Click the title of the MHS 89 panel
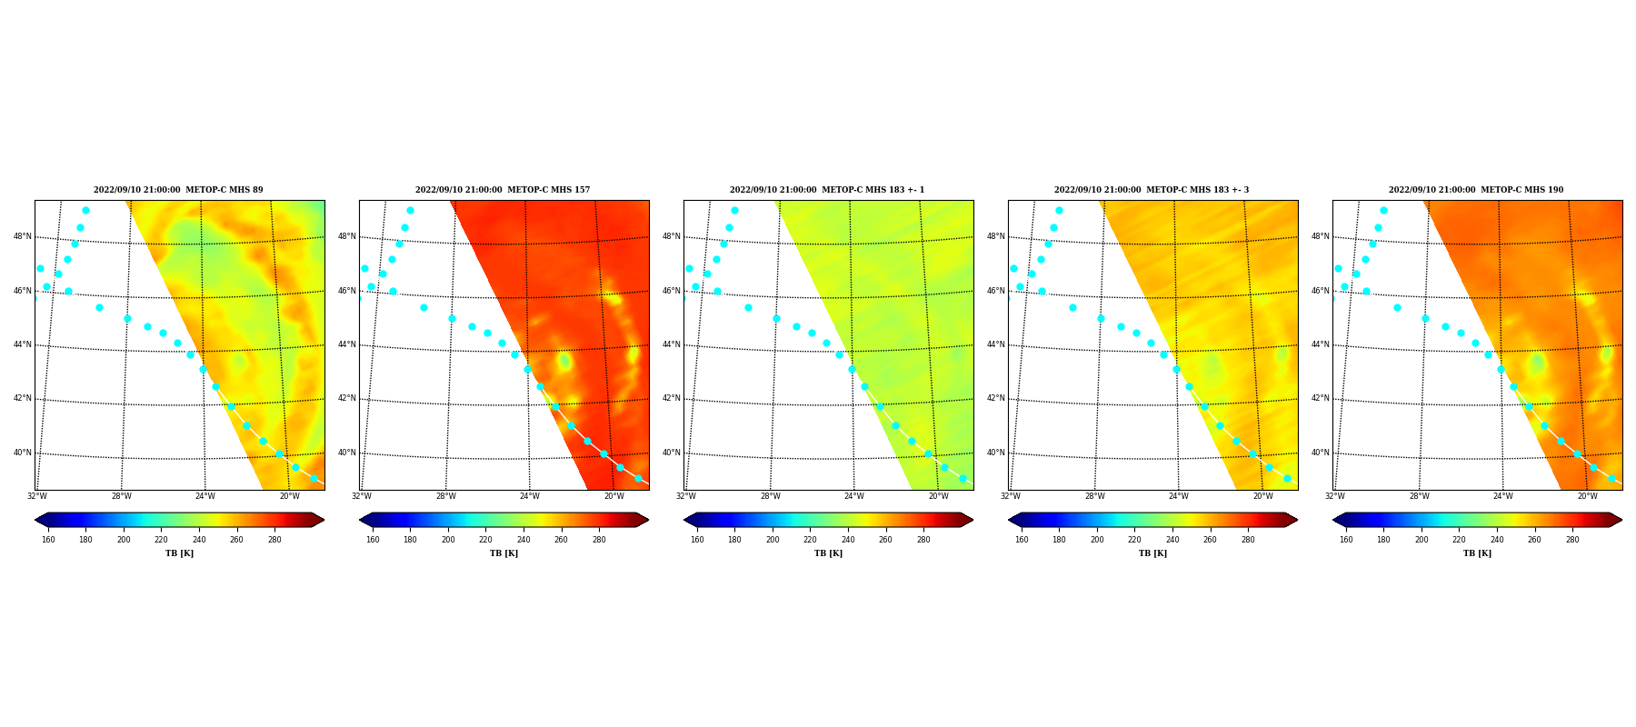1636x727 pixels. click(x=178, y=190)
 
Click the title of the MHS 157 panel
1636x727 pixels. click(x=503, y=190)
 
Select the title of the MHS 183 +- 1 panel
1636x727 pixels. click(x=827, y=190)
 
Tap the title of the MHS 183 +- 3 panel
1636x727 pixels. click(x=1152, y=190)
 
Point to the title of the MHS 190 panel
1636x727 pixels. click(x=1476, y=190)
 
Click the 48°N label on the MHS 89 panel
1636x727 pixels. click(x=23, y=236)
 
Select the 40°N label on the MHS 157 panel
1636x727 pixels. click(x=347, y=453)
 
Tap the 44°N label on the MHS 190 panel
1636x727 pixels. click(x=1321, y=344)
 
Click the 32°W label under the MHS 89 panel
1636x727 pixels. click(x=37, y=496)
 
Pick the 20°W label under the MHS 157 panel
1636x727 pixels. click(x=614, y=496)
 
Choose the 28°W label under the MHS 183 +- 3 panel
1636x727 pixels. click(x=1095, y=496)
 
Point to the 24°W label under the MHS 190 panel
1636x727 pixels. click(x=1503, y=496)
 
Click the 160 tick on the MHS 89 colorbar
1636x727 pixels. click(x=48, y=540)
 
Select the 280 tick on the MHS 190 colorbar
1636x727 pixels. click(x=1572, y=540)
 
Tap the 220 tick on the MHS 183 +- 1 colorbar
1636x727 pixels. click(x=810, y=540)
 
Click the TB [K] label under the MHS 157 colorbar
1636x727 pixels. click(x=504, y=553)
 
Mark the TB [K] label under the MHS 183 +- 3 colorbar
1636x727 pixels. click(x=1153, y=553)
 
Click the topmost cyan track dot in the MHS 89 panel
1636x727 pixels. click(x=85, y=211)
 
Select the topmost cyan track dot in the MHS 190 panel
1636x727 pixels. click(x=1383, y=211)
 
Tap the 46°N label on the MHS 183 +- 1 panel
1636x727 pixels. click(x=672, y=291)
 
